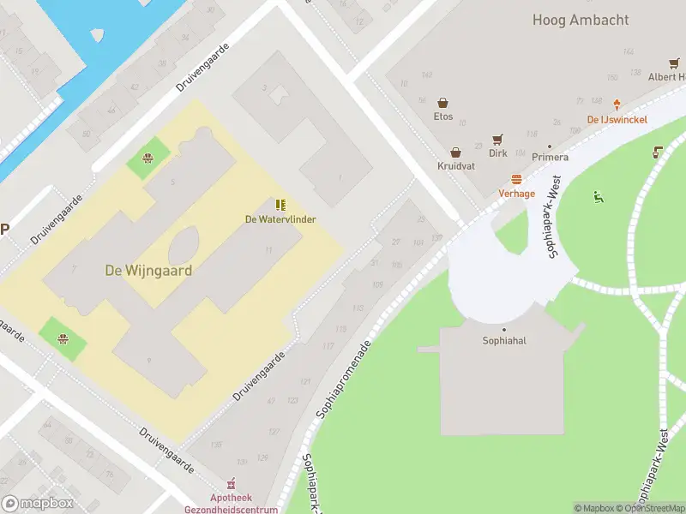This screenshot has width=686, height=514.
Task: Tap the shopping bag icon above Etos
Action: pos(443,103)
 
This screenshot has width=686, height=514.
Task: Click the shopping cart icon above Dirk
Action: pos(497,140)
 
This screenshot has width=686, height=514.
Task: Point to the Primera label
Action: pos(550,157)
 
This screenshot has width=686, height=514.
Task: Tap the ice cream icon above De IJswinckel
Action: pos(617,105)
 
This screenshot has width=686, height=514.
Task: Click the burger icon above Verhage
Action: pos(516,180)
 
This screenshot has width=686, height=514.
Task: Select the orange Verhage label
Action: pos(516,194)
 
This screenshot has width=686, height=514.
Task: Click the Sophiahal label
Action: pos(504,340)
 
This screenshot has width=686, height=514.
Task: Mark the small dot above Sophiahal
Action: pos(504,330)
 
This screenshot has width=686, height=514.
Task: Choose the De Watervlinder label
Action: pos(280,219)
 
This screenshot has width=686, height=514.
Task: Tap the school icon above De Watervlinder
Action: pos(280,205)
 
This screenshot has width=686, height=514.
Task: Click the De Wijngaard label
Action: pos(148,270)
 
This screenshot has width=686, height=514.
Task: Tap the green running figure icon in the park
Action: pos(599,198)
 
